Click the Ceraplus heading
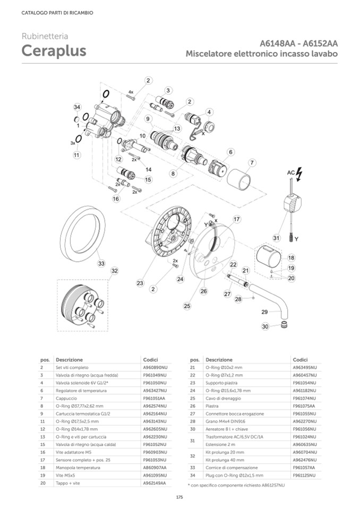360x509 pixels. tap(54, 51)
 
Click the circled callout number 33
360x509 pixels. tap(101, 263)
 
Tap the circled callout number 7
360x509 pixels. tap(252, 162)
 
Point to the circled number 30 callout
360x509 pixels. tap(265, 327)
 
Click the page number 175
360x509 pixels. tap(179, 497)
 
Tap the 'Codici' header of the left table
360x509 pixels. tap(150, 359)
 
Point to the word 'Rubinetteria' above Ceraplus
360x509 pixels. tap(45, 37)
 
